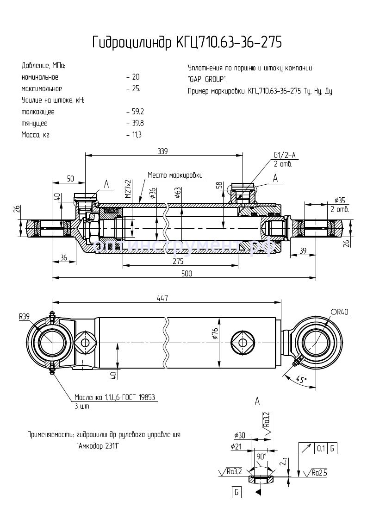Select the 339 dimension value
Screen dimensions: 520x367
163,151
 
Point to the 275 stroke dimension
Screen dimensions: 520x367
178,261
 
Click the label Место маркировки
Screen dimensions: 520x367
175,175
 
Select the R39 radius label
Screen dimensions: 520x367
25,317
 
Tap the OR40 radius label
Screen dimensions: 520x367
339,312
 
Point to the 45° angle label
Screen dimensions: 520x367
301,380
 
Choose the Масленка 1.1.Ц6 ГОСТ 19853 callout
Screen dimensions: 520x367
114,397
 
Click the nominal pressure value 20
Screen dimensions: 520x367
135,77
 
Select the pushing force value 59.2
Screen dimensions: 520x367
137,112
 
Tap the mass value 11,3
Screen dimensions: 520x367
137,135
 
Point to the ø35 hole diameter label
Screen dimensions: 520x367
340,200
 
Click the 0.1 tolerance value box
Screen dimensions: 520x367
321,448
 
